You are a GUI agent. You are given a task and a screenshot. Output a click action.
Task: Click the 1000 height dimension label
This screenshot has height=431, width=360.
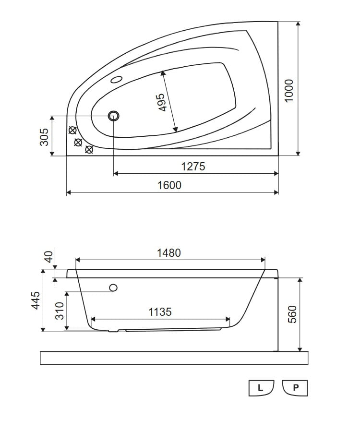pos(289,90)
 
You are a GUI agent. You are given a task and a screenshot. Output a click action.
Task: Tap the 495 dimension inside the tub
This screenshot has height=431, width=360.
pos(161,102)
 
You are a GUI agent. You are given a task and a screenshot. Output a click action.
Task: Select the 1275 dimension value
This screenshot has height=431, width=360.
pos(193,167)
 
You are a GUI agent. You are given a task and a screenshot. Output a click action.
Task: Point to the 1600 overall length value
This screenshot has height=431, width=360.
pos(169,185)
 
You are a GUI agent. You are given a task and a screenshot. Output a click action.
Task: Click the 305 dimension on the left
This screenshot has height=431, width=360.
pos(44,137)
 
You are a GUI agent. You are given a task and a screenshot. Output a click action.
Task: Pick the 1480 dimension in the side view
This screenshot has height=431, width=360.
pos(169,253)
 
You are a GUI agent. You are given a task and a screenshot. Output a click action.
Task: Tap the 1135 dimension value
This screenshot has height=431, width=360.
pos(160,312)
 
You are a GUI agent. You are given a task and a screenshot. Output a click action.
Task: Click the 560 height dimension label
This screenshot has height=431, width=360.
pos(293,314)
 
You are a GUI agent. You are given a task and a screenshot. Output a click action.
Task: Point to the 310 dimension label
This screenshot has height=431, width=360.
pos(60,311)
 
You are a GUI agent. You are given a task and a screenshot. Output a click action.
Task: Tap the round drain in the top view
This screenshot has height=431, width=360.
pos(114,116)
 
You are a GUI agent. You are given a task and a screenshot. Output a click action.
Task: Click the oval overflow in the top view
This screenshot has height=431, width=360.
pos(117,80)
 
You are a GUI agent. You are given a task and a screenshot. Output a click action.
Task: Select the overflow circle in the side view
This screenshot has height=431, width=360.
pos(114,287)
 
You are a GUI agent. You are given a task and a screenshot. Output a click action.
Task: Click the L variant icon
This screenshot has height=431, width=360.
pos(261,388)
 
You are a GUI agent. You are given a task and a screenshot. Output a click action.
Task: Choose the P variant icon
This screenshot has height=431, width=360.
pos(295,388)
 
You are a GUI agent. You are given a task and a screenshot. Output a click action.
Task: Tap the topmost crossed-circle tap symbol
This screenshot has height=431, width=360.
pos(72,130)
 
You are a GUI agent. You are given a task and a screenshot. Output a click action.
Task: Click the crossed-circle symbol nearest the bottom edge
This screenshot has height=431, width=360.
pos(89,150)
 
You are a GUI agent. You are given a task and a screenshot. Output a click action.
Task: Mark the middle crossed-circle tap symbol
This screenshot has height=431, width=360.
pos(78,142)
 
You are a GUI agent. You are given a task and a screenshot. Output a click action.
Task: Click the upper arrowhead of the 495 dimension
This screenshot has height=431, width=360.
pos(163,73)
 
